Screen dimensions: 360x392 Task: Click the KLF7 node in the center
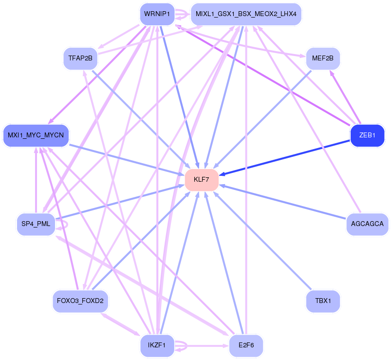point(201,180)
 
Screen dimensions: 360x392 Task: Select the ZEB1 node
point(367,135)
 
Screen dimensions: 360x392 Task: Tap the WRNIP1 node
point(156,14)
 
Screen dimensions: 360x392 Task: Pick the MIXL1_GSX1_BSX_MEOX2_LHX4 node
point(246,14)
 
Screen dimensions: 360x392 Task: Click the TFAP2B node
point(80,58)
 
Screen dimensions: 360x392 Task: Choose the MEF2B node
point(322,58)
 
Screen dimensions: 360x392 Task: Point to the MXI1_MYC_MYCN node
point(36,135)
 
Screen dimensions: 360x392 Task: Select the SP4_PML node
point(36,224)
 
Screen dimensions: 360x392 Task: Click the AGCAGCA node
point(367,224)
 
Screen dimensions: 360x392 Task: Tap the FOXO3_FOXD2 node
point(80,301)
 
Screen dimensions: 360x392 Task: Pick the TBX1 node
point(322,301)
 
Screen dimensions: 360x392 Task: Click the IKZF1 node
point(157,345)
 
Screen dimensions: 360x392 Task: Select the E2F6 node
point(246,345)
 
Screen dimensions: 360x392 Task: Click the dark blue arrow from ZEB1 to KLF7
point(287,157)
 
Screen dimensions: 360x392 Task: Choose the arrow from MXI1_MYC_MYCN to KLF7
point(127,159)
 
